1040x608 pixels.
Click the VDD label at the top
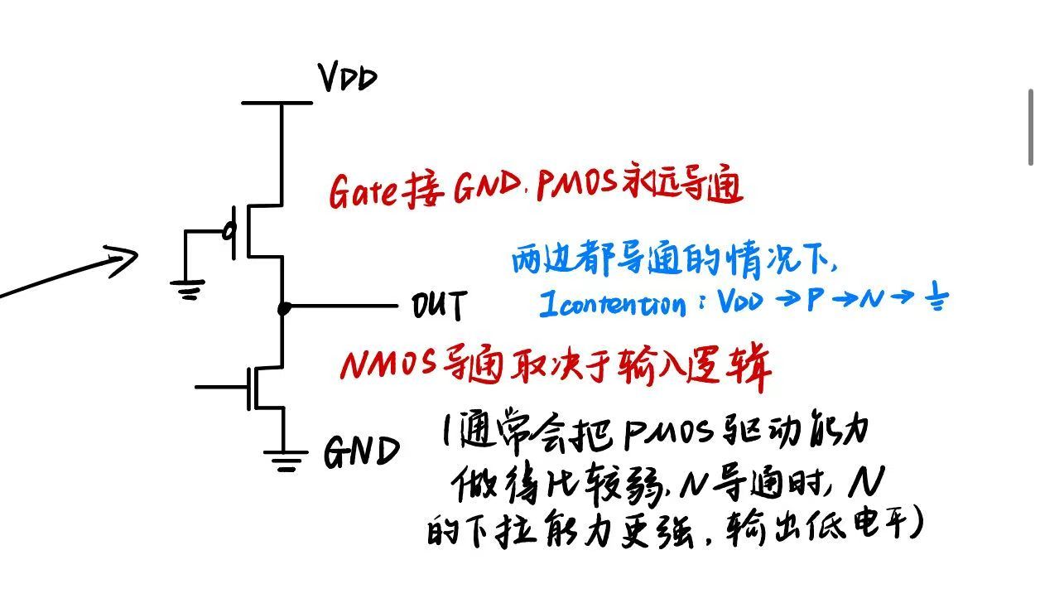coord(347,78)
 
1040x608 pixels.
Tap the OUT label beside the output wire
coord(439,305)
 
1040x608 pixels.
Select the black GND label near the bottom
coord(362,451)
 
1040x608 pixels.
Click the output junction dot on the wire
coord(284,308)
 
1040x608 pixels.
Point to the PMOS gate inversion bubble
coord(229,230)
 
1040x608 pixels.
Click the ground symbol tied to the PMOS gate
coord(188,289)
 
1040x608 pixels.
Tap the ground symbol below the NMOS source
coord(286,461)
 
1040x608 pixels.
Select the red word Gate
coord(363,191)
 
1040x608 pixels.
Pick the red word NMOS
coord(388,364)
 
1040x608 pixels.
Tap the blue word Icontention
coord(613,304)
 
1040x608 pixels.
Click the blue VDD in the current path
coord(740,301)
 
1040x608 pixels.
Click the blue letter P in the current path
coord(816,300)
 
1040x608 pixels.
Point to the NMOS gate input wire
coord(221,387)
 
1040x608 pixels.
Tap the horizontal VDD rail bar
coord(277,103)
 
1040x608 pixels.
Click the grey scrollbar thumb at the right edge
coord(1031,127)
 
